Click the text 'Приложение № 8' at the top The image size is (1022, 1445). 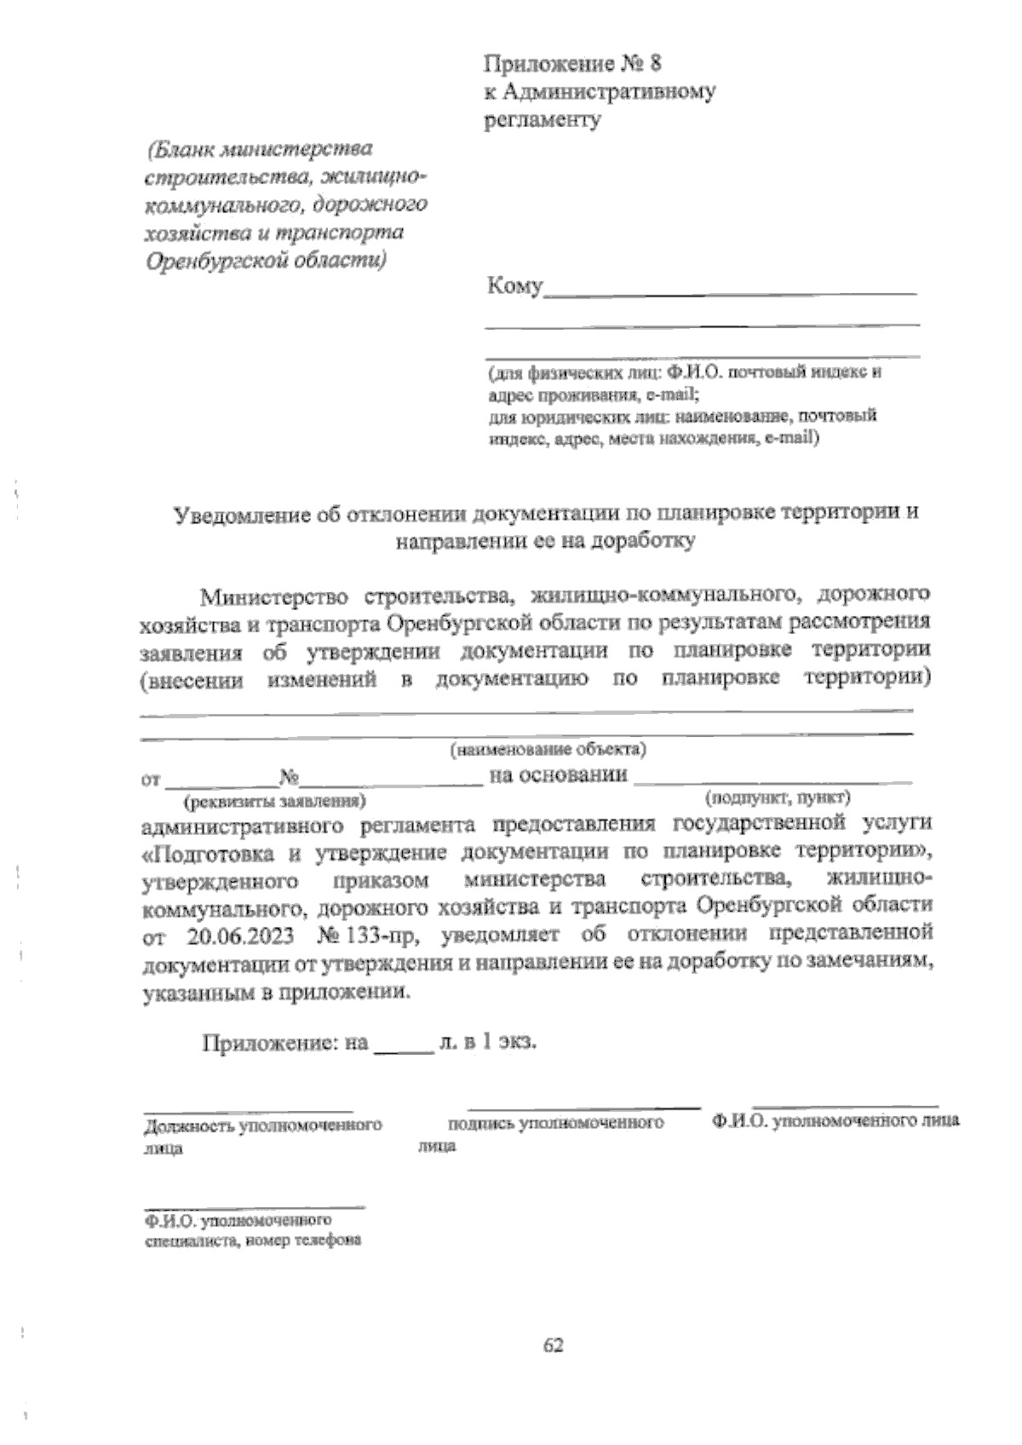tap(571, 63)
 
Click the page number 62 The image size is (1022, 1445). tap(554, 1345)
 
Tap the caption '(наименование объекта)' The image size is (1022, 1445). tap(548, 750)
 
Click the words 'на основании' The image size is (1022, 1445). tap(559, 775)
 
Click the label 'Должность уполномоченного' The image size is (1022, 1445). tap(262, 1125)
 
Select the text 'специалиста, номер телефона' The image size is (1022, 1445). tap(252, 1241)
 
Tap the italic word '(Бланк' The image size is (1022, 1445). tap(181, 151)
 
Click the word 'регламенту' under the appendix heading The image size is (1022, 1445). tap(543, 119)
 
